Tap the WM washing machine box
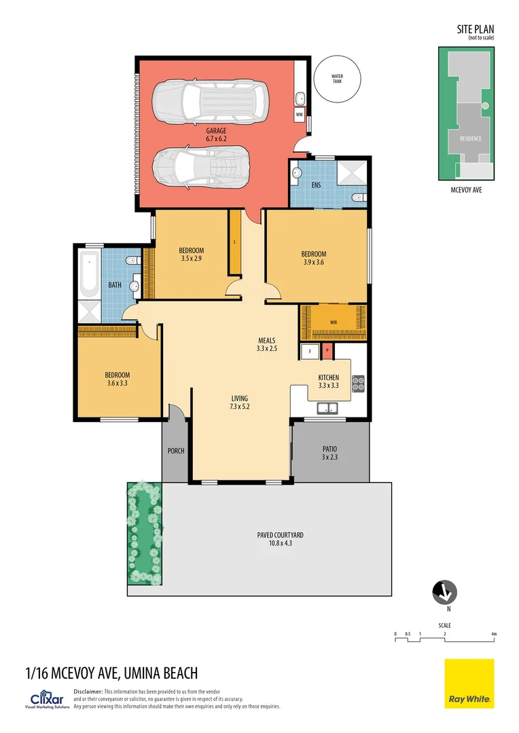click(x=300, y=115)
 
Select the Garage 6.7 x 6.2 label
click(x=216, y=134)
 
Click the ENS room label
click(x=316, y=184)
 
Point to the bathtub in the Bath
click(x=89, y=275)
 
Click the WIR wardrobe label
click(x=334, y=322)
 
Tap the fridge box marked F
click(x=310, y=352)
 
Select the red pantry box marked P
click(x=327, y=352)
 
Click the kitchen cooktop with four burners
click(x=357, y=384)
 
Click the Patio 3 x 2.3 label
click(x=329, y=453)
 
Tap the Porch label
click(x=176, y=451)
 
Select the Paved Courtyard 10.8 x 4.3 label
click(x=280, y=539)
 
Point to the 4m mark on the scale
click(x=494, y=635)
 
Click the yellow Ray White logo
click(x=469, y=683)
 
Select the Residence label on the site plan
click(x=471, y=138)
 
